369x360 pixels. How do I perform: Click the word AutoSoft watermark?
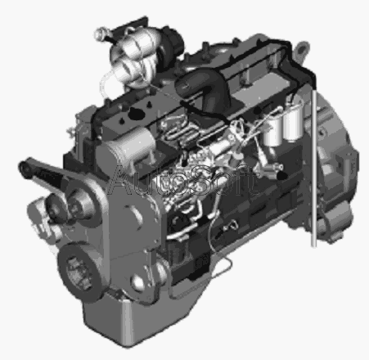point(183,181)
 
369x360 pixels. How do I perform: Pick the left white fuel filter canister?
point(272,131)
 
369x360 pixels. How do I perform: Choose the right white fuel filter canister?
point(293,120)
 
